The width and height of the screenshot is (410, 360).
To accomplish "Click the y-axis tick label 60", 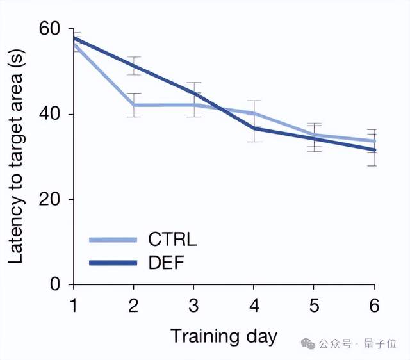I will point(52,29).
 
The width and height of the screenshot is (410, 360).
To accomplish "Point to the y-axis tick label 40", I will point(52,114).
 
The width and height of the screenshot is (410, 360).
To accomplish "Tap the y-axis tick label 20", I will point(52,199).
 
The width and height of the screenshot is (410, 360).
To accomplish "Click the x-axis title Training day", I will point(224,336).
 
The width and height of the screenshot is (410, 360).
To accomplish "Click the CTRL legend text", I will point(172,240).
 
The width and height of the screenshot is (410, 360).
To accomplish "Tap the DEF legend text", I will point(166,262).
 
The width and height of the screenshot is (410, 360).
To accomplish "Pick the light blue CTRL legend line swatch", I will point(113,240).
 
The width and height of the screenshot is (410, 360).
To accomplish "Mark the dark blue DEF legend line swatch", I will point(113,262).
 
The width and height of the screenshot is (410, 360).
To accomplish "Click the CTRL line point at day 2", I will point(133,104).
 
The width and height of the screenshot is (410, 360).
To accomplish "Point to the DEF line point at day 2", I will point(133,65).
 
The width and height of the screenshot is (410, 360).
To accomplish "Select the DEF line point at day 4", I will point(254,128).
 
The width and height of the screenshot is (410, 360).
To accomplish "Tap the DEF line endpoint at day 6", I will point(375,150).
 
